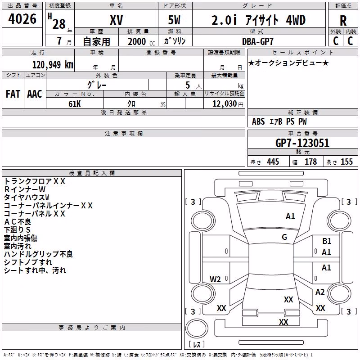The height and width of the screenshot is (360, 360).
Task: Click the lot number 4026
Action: click(22, 19)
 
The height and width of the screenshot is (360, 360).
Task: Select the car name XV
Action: click(117, 20)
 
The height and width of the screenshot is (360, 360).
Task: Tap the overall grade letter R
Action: click(343, 21)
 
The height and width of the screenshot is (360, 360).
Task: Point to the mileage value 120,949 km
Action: click(53, 65)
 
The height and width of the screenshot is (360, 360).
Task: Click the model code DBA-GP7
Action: click(258, 41)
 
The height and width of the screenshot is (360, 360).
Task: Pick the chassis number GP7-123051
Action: click(302, 143)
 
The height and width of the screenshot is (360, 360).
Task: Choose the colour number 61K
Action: click(75, 104)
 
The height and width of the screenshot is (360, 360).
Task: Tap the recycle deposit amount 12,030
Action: click(225, 104)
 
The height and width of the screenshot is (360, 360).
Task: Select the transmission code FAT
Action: click(13, 94)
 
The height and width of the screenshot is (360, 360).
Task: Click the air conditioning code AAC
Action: click(35, 94)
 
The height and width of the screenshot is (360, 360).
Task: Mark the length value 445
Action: click(273, 162)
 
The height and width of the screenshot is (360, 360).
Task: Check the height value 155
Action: click(346, 162)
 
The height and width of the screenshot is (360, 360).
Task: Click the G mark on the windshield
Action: click(284, 237)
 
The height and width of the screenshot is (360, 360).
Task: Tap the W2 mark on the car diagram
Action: click(215, 279)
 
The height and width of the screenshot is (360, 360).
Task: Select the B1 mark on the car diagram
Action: click(327, 241)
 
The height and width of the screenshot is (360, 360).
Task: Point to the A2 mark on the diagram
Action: click(320, 292)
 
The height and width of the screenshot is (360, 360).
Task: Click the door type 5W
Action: click(174, 20)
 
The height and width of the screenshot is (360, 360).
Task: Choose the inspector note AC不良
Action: click(18, 222)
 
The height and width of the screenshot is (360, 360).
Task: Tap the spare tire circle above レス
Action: click(197, 328)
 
